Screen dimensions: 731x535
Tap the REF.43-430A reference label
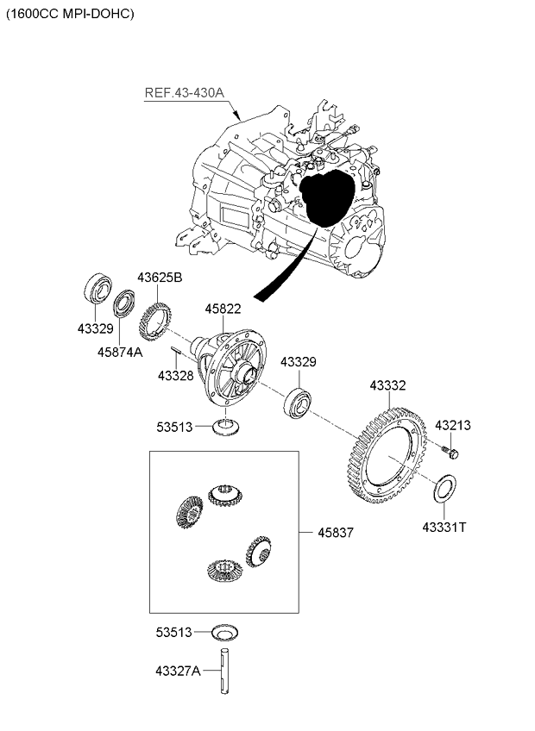[x=183, y=93]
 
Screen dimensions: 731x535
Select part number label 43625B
[x=160, y=278]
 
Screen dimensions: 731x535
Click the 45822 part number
[x=222, y=309]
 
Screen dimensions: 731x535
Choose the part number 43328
[x=176, y=375]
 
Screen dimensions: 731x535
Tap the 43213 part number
[x=452, y=425]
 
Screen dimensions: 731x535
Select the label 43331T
[x=444, y=526]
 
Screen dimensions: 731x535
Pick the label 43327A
[x=178, y=671]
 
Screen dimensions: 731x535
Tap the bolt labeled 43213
[x=451, y=451]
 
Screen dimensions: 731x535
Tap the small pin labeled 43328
[x=174, y=350]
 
